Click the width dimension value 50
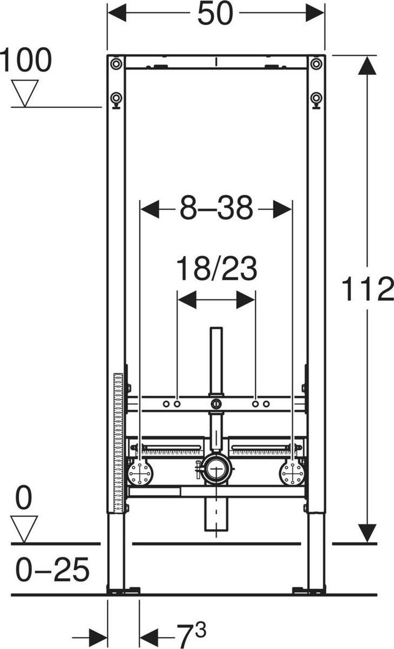coord(215,14)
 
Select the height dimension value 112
coord(367,289)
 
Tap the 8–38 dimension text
coord(216,208)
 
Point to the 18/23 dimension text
coord(216,269)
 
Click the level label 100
coord(25,60)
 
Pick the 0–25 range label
coord(52,569)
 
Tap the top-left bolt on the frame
coord(116,64)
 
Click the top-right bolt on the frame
coord(316,64)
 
